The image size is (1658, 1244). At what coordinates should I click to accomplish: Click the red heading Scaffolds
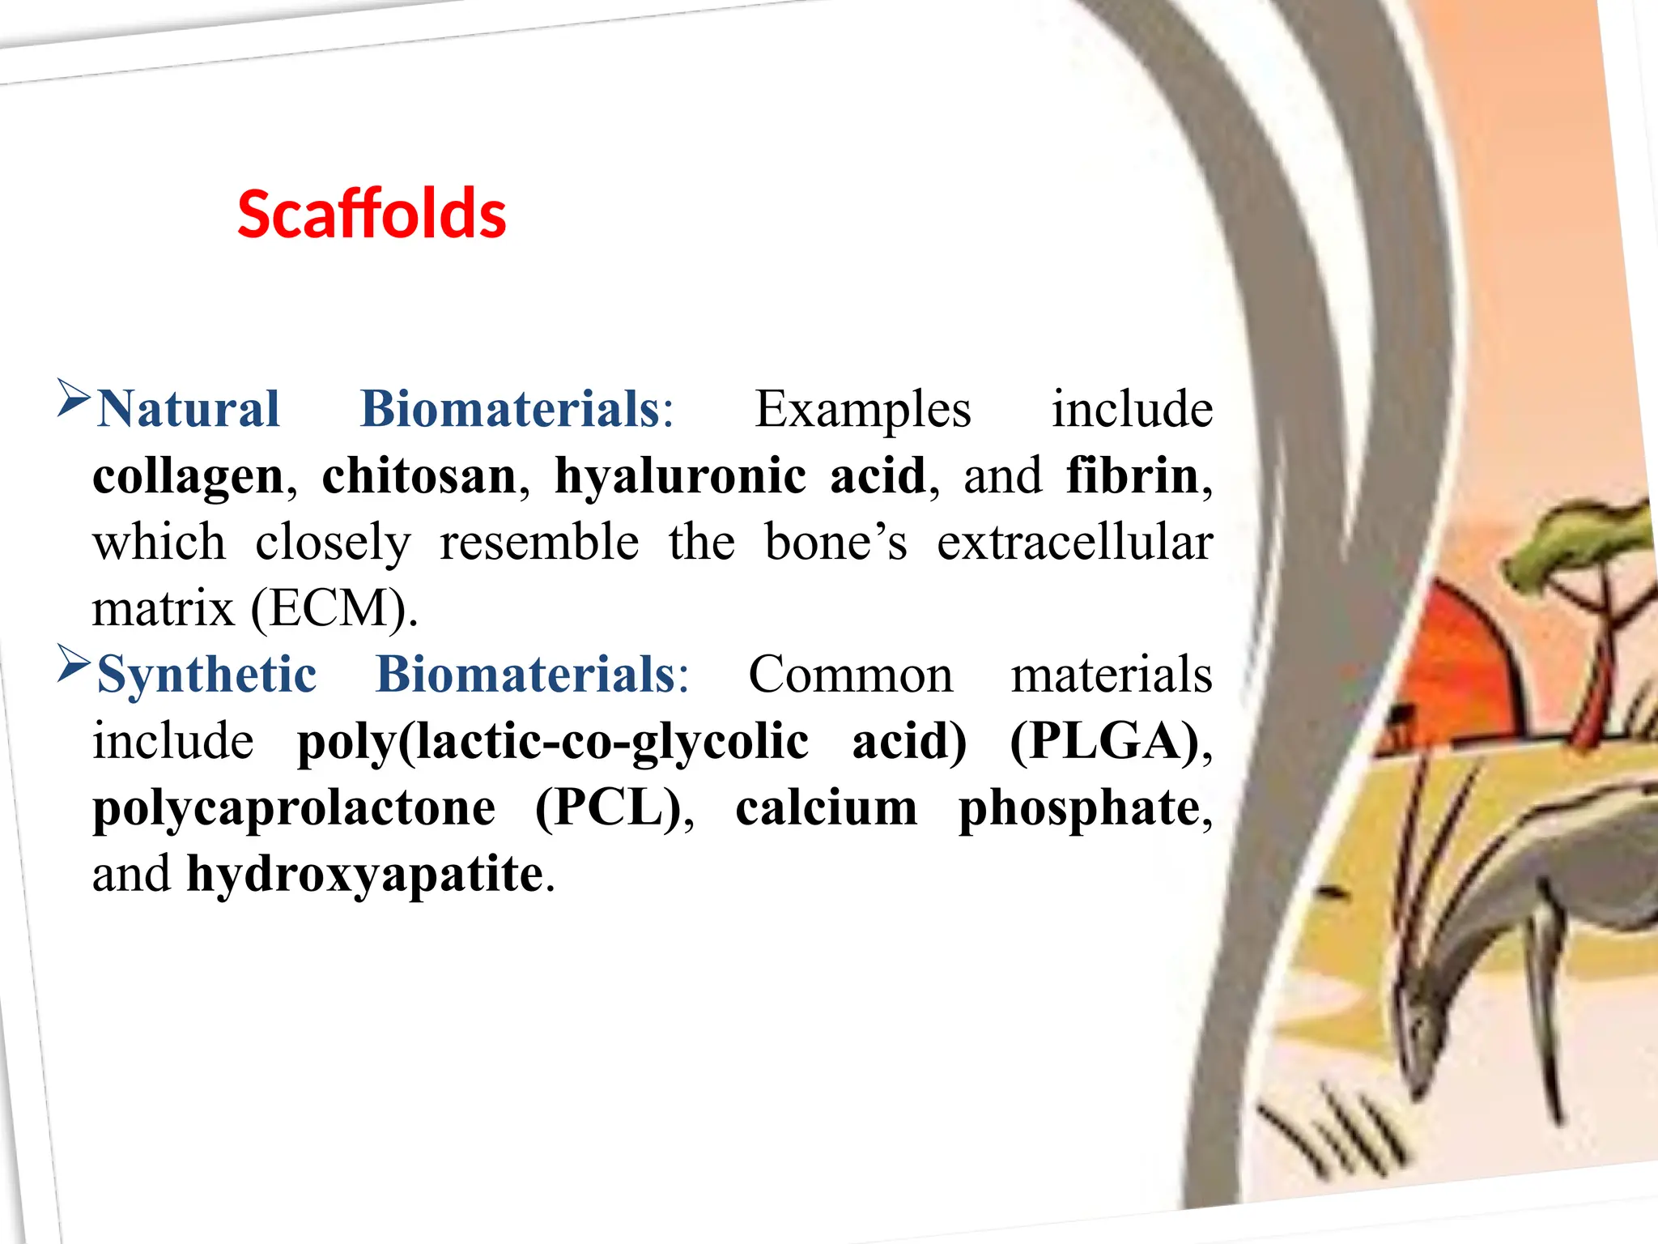[x=372, y=215]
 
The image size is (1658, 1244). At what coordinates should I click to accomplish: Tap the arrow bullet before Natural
[x=74, y=398]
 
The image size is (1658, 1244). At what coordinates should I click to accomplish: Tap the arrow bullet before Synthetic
[x=74, y=664]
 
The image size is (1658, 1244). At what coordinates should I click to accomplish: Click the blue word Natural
[x=189, y=409]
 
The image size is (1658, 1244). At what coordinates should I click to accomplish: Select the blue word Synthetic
[x=207, y=675]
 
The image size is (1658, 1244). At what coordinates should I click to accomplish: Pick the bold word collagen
[x=189, y=476]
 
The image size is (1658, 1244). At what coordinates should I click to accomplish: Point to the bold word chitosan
[x=419, y=476]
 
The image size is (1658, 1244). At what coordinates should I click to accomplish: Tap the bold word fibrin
[x=1132, y=476]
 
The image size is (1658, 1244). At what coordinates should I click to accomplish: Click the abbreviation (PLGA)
[x=1104, y=741]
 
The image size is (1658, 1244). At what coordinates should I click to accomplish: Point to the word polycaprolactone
[x=294, y=809]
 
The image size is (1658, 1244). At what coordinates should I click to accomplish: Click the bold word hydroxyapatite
[x=365, y=875]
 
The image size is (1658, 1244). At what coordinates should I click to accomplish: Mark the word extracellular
[x=1074, y=543]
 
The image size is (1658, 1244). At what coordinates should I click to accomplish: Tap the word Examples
[x=862, y=410]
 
